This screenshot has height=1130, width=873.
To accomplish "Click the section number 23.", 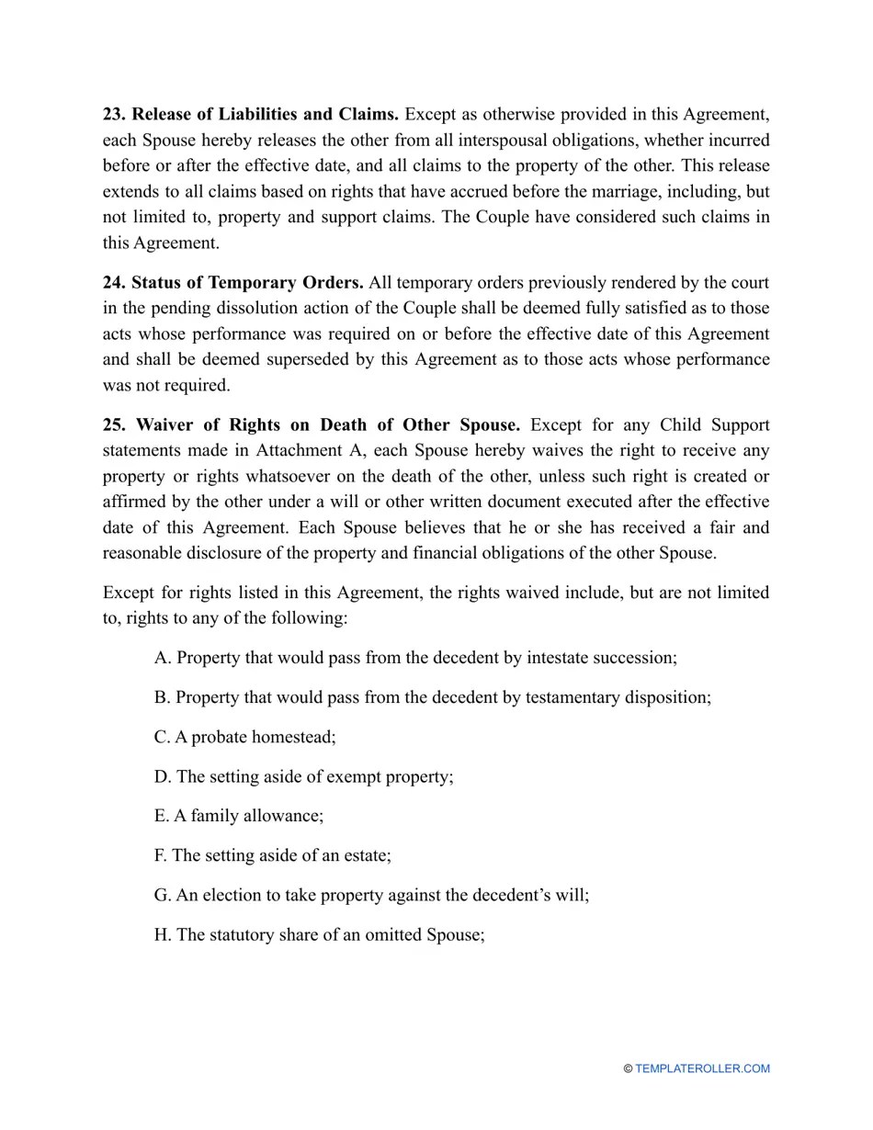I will pos(114,115).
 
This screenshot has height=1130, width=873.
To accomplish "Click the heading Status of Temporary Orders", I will pos(248,283).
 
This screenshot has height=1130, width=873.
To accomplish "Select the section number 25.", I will pos(114,425).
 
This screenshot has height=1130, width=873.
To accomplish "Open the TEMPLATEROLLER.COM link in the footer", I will pos(702,1068).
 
